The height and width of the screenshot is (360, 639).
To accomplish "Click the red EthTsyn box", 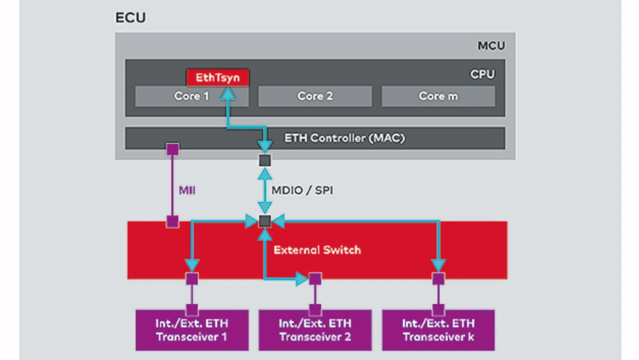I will click(x=217, y=77).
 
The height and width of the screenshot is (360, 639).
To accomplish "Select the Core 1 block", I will click(x=192, y=96).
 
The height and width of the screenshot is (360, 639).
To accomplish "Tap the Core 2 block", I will click(x=315, y=96).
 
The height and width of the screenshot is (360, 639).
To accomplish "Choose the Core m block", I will click(x=438, y=96).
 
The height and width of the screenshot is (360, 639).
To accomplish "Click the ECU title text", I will click(x=130, y=18).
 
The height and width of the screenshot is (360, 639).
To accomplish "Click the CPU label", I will click(x=482, y=74).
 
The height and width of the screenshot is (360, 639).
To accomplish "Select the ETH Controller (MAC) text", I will click(x=344, y=138).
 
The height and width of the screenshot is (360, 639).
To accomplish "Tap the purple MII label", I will click(x=187, y=190).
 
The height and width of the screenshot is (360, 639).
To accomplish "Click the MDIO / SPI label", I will click(x=302, y=190).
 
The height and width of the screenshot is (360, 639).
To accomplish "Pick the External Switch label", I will click(x=317, y=250).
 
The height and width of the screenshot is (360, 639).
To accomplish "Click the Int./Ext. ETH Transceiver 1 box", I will click(x=192, y=330).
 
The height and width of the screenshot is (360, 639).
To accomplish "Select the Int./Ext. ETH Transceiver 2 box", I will click(x=315, y=330).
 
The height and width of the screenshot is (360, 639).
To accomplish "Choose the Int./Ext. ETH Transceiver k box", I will click(x=438, y=330).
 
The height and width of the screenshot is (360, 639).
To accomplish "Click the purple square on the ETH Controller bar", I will click(x=172, y=148).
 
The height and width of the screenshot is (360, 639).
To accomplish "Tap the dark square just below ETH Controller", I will click(x=265, y=161).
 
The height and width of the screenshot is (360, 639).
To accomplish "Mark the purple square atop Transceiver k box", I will click(x=438, y=310).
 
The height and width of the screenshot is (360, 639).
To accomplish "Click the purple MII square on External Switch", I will click(x=172, y=221).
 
